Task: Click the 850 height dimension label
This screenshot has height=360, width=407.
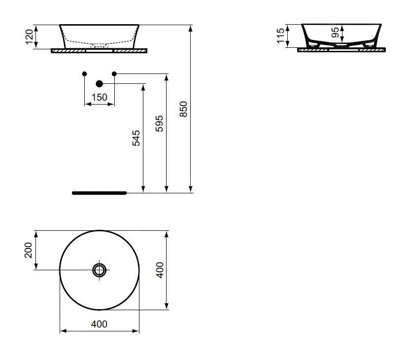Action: coord(183,108)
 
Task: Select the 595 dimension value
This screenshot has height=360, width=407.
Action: coord(159,124)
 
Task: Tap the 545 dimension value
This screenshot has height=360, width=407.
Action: coord(136,138)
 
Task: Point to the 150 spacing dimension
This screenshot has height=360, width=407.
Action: coord(100,97)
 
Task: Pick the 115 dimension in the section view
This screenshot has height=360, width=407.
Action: coord(281,36)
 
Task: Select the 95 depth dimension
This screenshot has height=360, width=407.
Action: coord(335,33)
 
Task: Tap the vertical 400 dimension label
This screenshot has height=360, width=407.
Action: coord(160,270)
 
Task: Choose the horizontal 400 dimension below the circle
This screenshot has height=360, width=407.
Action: coord(100,324)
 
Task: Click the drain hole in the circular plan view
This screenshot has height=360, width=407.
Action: coord(100,270)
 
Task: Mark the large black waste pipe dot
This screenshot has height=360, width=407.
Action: coord(100,84)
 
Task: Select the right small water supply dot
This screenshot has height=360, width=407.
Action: coord(114,73)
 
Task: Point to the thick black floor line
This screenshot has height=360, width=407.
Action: coord(99,192)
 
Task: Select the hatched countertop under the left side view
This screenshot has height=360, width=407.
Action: coord(69,50)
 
